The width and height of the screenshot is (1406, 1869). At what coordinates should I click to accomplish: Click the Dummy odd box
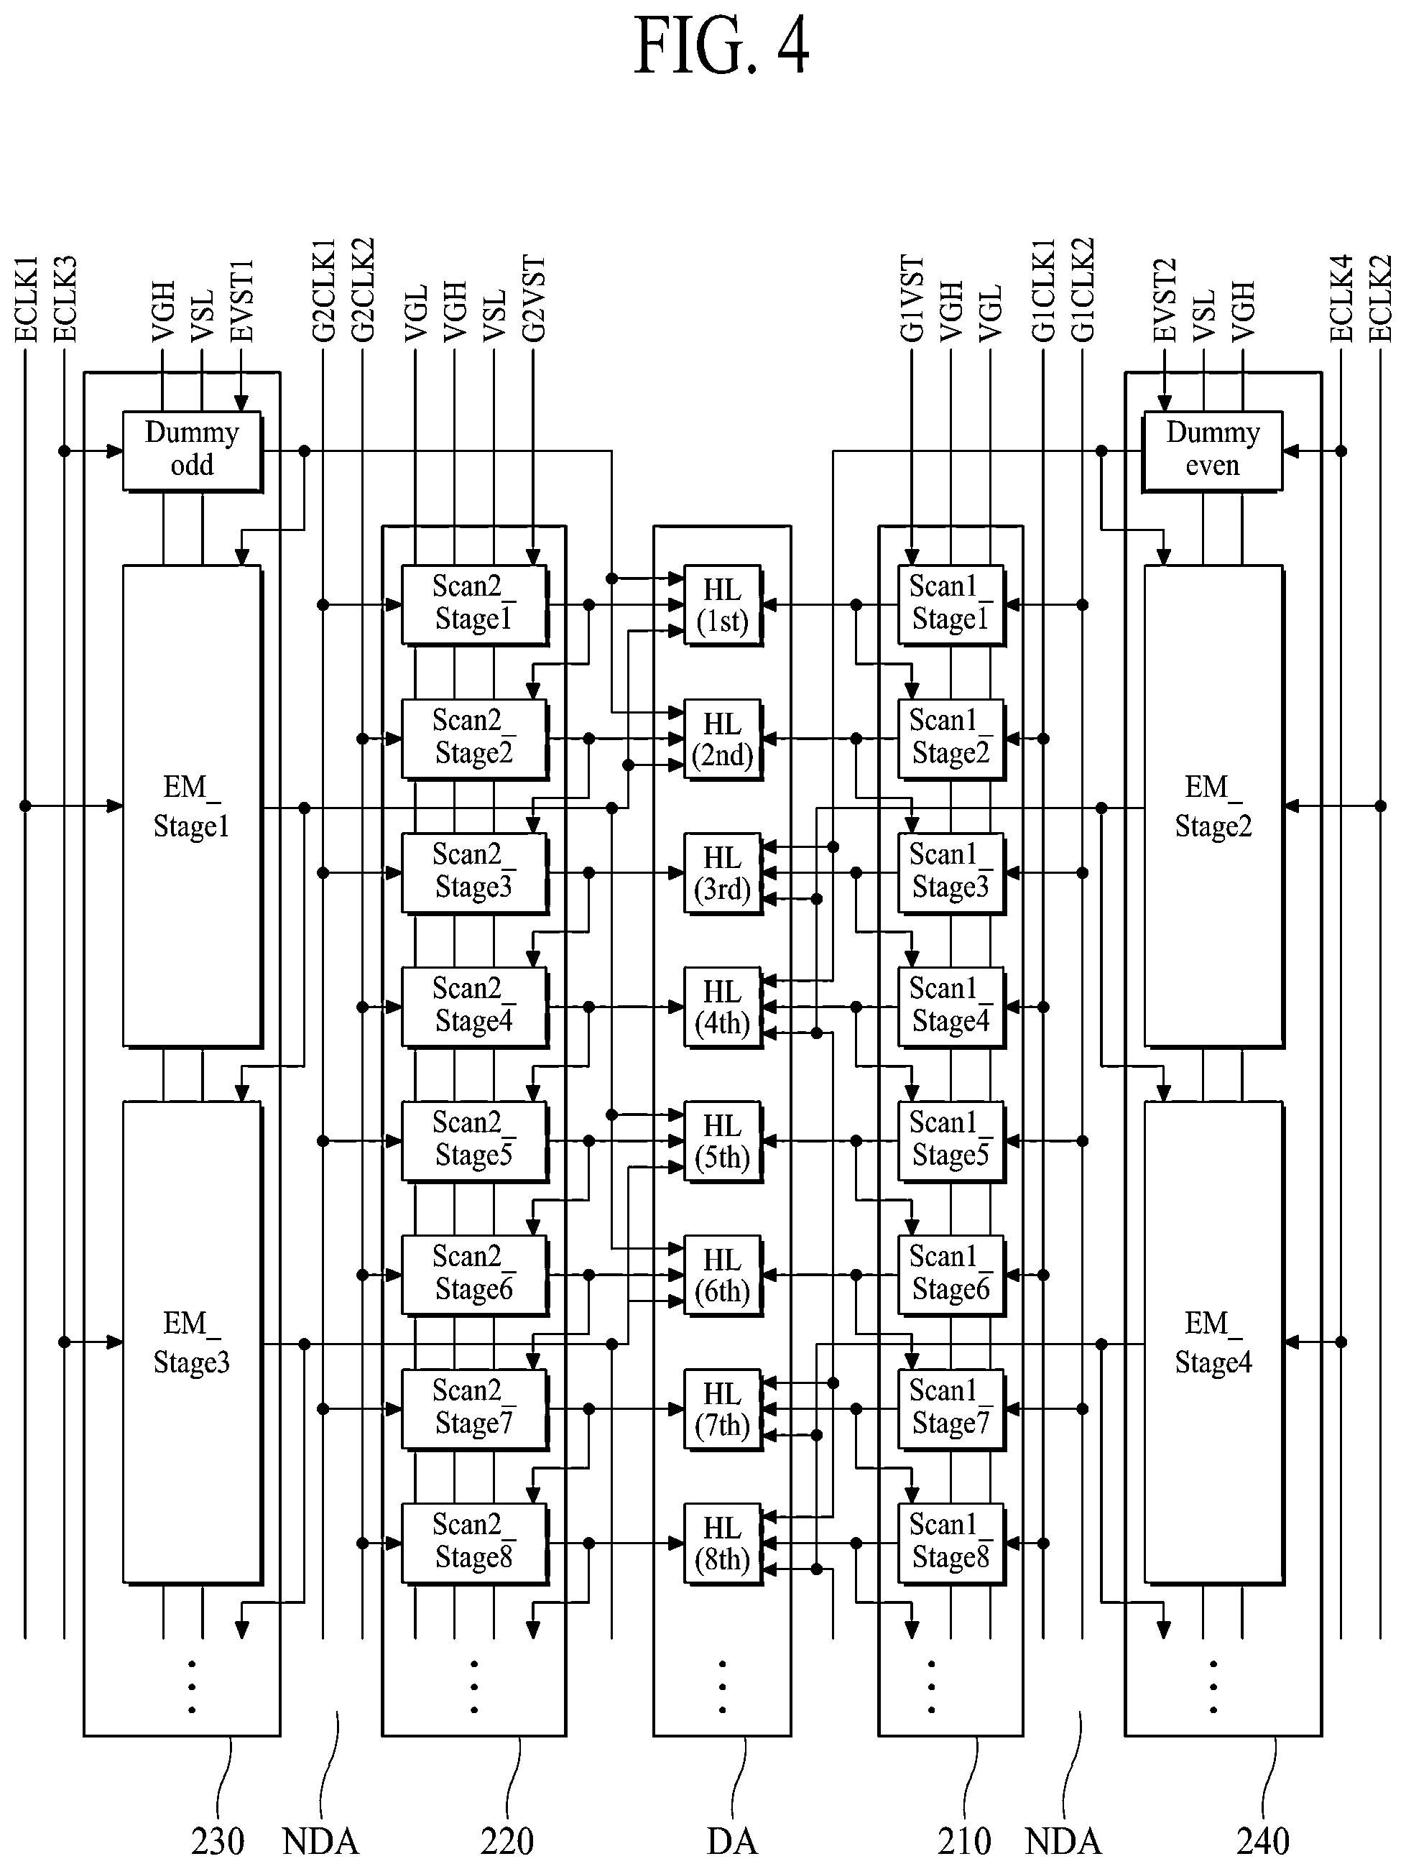coord(193,451)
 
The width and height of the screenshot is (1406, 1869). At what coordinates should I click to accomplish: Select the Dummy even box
coord(1213,451)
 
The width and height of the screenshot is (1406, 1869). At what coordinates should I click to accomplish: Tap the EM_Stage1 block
coord(193,807)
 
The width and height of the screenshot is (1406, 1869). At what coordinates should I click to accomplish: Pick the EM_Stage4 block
coord(1214,1342)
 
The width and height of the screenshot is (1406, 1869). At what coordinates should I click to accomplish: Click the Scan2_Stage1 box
coord(475,605)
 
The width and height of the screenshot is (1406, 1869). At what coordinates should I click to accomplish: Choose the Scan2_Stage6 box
coord(475,1275)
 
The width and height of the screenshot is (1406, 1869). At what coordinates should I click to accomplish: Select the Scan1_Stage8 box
coord(951,1543)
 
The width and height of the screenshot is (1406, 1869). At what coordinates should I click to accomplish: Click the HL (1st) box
coord(723,605)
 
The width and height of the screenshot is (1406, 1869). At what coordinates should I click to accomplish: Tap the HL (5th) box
coord(723,1140)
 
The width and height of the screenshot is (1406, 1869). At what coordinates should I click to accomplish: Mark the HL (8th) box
coord(723,1543)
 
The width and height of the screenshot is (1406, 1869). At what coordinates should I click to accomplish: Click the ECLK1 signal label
coord(26,300)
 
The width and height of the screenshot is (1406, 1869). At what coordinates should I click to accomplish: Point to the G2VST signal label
coord(533,299)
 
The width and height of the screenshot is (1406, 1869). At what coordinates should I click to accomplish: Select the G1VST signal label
coord(912,299)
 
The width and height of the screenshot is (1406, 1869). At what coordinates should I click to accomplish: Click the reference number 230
coord(218,1841)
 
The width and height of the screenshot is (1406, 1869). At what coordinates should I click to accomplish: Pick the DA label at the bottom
coord(731,1841)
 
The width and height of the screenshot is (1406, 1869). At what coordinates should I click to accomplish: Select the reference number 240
coord(1263,1841)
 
